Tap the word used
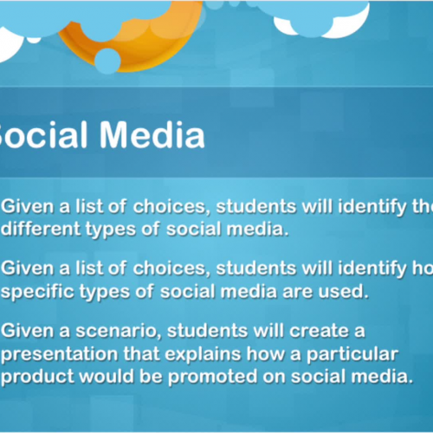tap(343, 292)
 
